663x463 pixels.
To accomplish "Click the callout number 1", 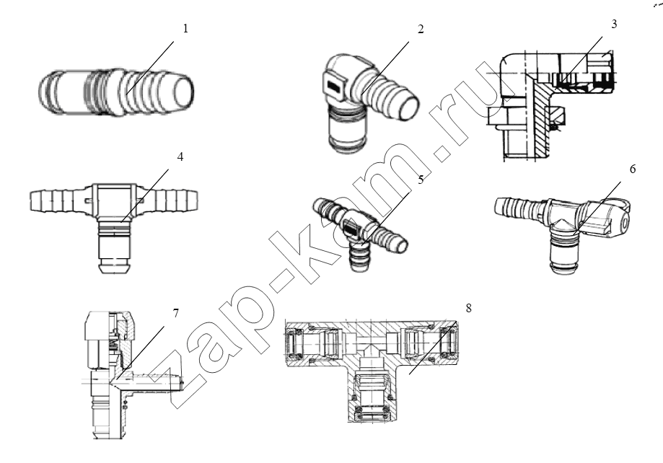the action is click(185, 29).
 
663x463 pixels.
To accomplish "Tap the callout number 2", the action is click(421, 29).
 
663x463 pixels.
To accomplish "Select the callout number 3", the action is click(614, 24).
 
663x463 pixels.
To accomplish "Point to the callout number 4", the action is click(180, 157).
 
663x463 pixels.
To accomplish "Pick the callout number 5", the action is click(421, 180).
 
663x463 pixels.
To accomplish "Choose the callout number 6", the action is click(633, 169).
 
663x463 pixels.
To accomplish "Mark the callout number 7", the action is click(175, 313).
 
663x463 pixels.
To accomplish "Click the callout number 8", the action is click(468, 308).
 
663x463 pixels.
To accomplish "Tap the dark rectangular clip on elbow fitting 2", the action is click(334, 87).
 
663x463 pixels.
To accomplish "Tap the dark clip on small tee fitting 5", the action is click(351, 229).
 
